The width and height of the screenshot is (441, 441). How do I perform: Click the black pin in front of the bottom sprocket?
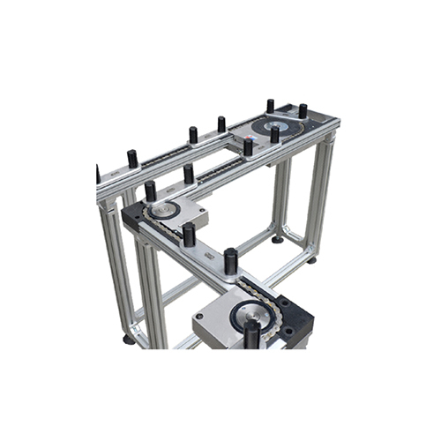(x=252, y=333)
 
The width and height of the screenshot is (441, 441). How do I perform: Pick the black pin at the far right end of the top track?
(x=303, y=111)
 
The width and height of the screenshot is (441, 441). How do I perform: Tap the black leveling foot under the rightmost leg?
(x=311, y=259)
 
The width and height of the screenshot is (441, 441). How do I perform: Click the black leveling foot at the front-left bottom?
(x=129, y=339)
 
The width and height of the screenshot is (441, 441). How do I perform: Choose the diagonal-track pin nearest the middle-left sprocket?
(x=189, y=234)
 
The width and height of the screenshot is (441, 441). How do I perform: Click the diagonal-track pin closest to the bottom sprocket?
(x=231, y=261)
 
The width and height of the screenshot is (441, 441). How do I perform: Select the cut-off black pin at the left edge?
(x=97, y=174)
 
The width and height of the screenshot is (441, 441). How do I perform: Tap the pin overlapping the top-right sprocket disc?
(x=274, y=133)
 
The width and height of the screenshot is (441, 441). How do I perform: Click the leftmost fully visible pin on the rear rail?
(x=133, y=159)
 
